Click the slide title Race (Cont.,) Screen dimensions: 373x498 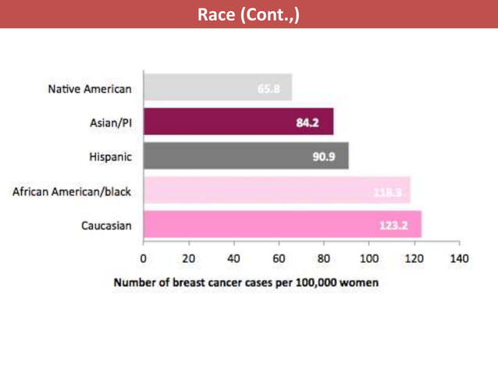click(248, 14)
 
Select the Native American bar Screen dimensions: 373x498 click(218, 87)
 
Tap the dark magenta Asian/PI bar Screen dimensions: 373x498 click(238, 121)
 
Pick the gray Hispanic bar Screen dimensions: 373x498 click(246, 155)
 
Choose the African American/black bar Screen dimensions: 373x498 click(276, 190)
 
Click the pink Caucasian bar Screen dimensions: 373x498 click(282, 224)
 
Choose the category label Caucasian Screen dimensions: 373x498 click(106, 226)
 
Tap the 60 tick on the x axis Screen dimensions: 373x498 click(279, 258)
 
